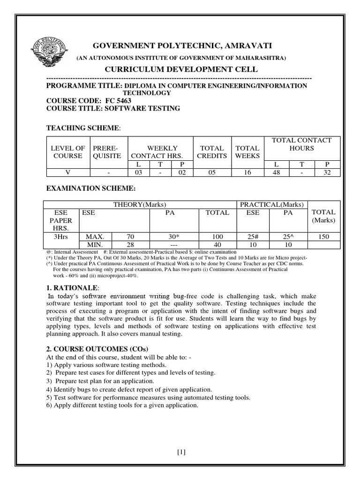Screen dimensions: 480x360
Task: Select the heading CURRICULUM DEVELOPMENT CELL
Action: tap(180, 69)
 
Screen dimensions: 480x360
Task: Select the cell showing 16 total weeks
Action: tap(247, 172)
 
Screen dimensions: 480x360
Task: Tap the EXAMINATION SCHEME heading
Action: tap(91, 188)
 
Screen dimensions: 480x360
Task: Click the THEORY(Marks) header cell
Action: tap(140, 204)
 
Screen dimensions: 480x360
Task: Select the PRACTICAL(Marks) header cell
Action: tap(272, 204)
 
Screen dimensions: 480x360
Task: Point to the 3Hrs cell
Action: tap(61, 237)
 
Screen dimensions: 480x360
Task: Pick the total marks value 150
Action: tap(323, 237)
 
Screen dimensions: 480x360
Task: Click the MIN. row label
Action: tap(95, 245)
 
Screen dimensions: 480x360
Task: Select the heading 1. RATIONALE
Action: tap(73, 287)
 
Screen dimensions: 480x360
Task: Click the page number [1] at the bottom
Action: tap(181, 452)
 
